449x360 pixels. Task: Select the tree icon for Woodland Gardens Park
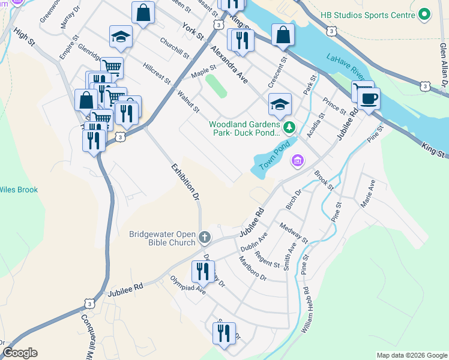tap(289, 127)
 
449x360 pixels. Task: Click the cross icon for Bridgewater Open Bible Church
tap(204, 238)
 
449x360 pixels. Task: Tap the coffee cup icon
tap(369, 98)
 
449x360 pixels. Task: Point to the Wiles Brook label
tap(19, 190)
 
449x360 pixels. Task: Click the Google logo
tap(20, 353)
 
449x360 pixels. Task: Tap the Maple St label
tap(203, 72)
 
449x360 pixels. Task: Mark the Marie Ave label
tap(368, 193)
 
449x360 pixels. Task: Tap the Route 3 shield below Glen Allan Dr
tap(424, 87)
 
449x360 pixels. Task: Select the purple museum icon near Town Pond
tap(297, 160)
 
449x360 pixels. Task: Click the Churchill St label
tap(175, 48)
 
